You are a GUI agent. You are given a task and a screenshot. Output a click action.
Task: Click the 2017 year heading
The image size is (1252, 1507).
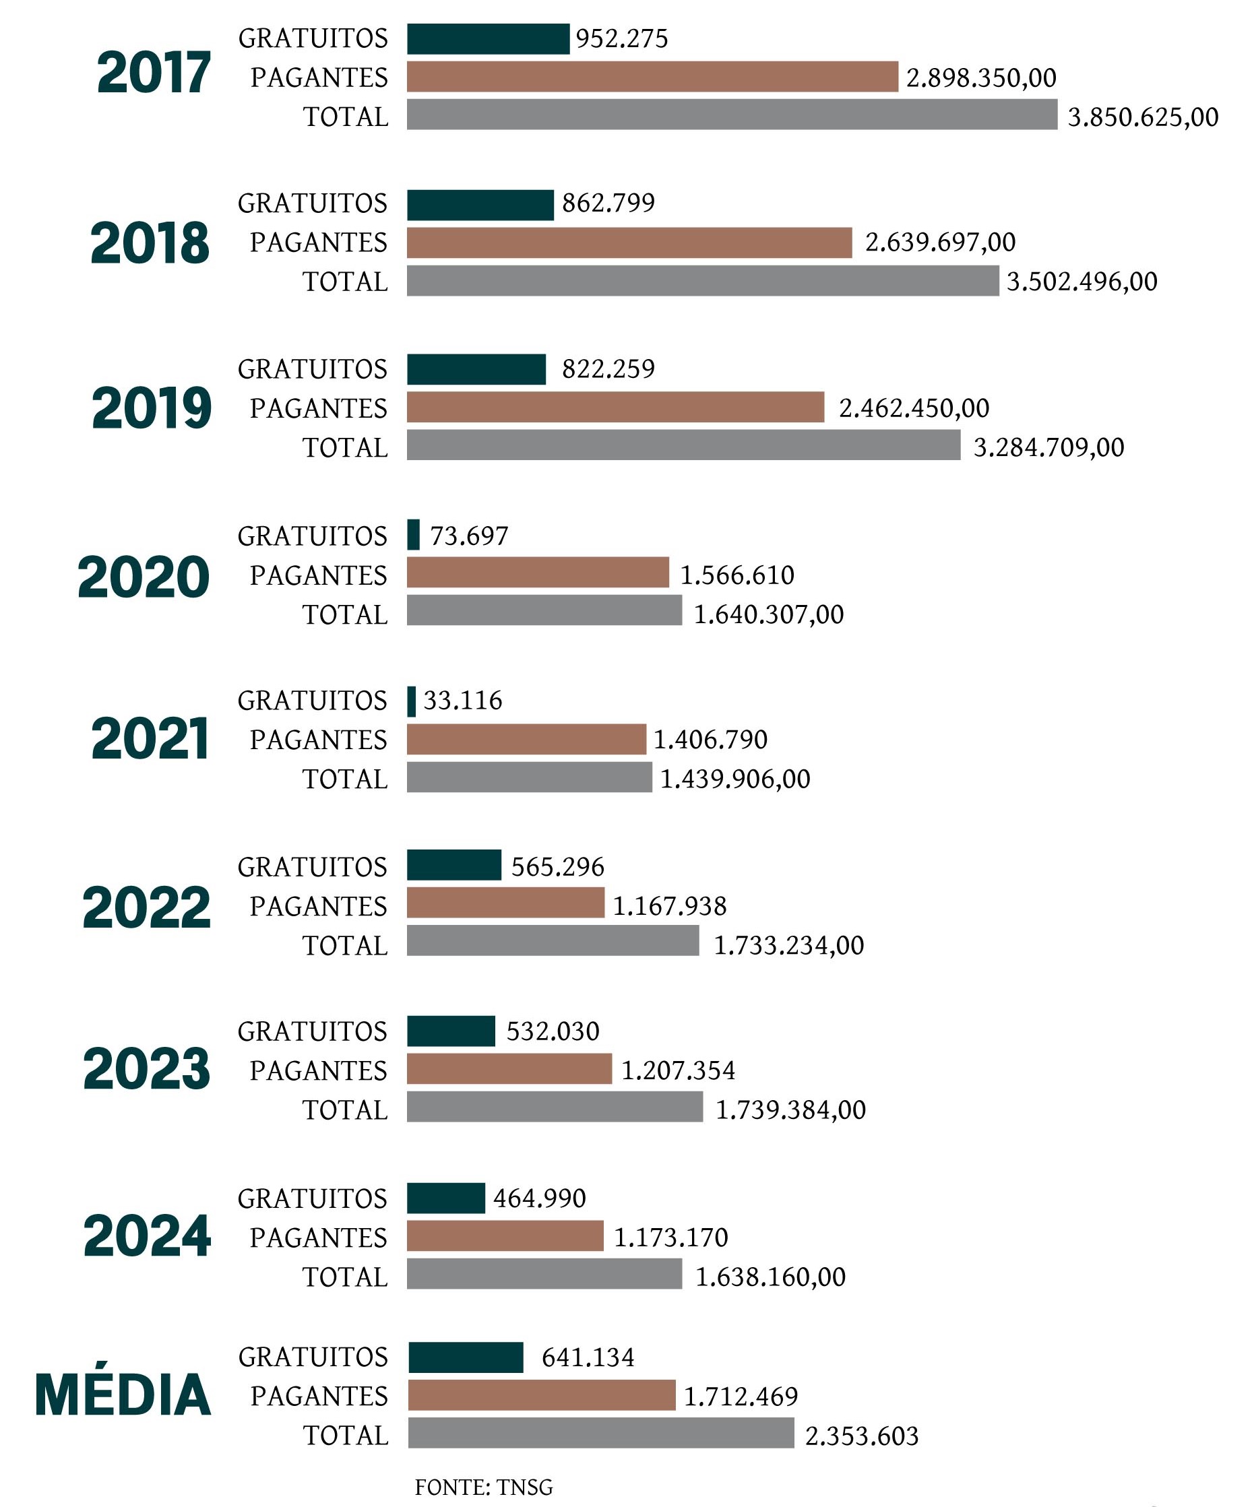(x=154, y=73)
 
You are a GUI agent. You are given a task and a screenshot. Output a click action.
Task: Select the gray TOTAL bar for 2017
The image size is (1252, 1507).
(x=732, y=115)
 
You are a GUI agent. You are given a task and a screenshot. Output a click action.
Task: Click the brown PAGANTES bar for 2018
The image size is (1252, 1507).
(x=629, y=243)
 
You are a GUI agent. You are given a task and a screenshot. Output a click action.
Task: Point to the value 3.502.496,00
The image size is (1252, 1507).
(x=1082, y=282)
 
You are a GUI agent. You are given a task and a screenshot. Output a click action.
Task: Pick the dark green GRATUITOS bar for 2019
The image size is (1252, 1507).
(x=476, y=370)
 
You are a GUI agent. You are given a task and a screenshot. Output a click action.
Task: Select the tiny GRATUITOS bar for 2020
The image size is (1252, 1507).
(x=413, y=536)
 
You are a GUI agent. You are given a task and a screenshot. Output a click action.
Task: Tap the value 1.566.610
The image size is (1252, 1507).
(x=737, y=575)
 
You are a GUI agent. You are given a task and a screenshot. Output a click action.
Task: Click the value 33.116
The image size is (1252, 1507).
(x=463, y=701)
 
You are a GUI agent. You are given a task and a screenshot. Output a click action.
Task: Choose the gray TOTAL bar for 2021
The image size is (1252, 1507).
(x=529, y=778)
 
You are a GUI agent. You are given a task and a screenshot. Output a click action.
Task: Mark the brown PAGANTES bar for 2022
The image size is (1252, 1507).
(x=505, y=903)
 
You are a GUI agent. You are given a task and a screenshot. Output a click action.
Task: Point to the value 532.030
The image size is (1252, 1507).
(x=553, y=1031)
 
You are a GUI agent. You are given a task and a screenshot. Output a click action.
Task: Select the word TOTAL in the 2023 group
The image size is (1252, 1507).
(x=345, y=1110)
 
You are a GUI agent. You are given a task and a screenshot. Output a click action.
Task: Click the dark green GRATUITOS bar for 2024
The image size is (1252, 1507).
(x=446, y=1198)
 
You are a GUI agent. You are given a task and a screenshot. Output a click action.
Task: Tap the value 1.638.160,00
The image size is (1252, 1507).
(x=770, y=1277)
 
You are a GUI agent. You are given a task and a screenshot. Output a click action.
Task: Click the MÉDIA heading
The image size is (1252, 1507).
(x=123, y=1396)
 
